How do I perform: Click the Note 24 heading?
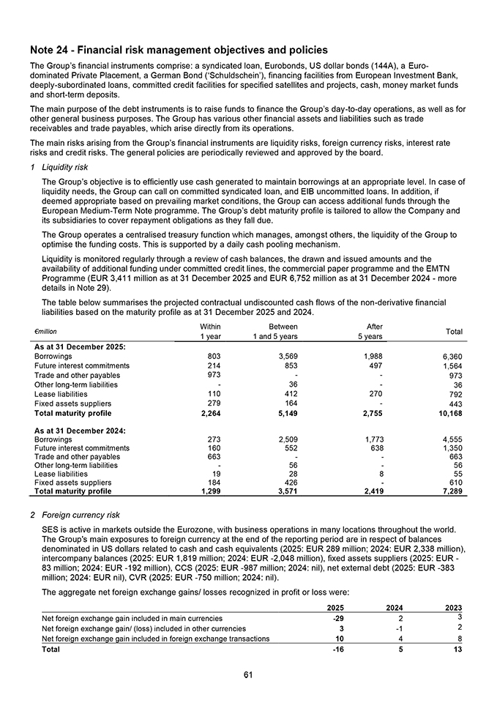[x=179, y=51]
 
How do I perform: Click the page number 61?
[x=248, y=674]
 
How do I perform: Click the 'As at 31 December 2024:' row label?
[x=80, y=426]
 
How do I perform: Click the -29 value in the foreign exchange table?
[x=338, y=618]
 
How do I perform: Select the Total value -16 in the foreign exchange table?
[x=338, y=649]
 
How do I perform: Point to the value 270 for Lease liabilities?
[x=374, y=394]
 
